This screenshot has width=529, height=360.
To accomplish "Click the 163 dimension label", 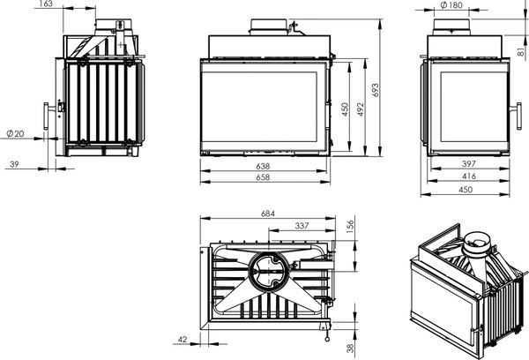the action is (x=46, y=4).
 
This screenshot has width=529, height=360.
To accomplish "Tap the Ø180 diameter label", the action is (x=451, y=5).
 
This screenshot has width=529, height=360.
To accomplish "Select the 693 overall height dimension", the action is (x=376, y=90).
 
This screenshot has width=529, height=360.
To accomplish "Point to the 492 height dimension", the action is (x=361, y=109).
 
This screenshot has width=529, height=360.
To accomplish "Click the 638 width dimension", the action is (x=263, y=166).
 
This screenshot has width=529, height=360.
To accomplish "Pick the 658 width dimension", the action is (x=263, y=177).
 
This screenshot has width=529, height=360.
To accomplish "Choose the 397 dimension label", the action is (x=469, y=164).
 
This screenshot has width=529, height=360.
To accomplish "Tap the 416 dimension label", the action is (x=469, y=176).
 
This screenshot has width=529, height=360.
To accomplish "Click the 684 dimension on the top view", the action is (x=268, y=214).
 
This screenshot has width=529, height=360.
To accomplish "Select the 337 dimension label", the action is (x=302, y=226).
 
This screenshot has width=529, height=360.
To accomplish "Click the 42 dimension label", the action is (x=183, y=340).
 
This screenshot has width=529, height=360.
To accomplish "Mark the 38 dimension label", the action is (x=351, y=349).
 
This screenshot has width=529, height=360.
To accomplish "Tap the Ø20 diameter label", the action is (x=16, y=134).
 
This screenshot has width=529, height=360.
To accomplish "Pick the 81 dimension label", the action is (x=521, y=52).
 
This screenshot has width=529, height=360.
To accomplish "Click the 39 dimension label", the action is (x=14, y=164).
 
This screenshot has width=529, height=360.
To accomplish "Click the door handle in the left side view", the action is (x=46, y=116).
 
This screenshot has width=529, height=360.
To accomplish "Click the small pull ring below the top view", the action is (x=327, y=339).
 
